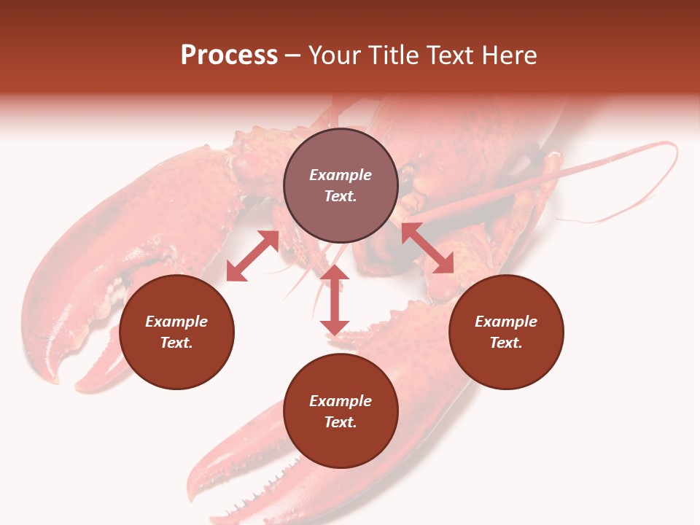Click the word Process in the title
click(229, 55)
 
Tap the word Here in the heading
click(508, 55)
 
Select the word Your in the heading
click(335, 55)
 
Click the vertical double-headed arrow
click(335, 300)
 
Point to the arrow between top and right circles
click(427, 248)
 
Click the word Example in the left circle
click(176, 322)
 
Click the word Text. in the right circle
click(506, 343)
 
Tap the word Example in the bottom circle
click(341, 401)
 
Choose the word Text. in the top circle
click(341, 196)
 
